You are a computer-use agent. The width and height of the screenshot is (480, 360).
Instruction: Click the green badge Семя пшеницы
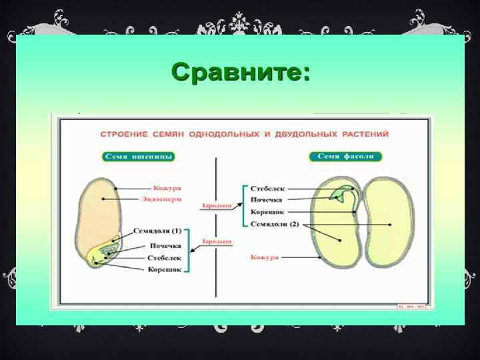[139, 157]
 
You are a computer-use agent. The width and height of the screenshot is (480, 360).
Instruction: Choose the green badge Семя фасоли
[345, 157]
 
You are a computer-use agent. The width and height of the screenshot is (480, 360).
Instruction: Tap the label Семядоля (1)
[157, 231]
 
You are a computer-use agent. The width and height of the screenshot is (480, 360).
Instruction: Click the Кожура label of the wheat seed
[167, 188]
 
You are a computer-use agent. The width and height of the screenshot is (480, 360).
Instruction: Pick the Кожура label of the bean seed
[265, 257]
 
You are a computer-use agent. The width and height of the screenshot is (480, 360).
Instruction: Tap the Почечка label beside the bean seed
[266, 200]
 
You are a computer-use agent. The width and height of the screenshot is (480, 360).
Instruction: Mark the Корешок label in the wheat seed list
[165, 269]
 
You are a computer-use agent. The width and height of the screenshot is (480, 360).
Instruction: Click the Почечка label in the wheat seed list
[165, 246]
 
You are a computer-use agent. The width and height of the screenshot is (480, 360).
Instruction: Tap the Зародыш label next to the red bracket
[217, 206]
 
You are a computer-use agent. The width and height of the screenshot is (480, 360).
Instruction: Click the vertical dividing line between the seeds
[215, 267]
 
